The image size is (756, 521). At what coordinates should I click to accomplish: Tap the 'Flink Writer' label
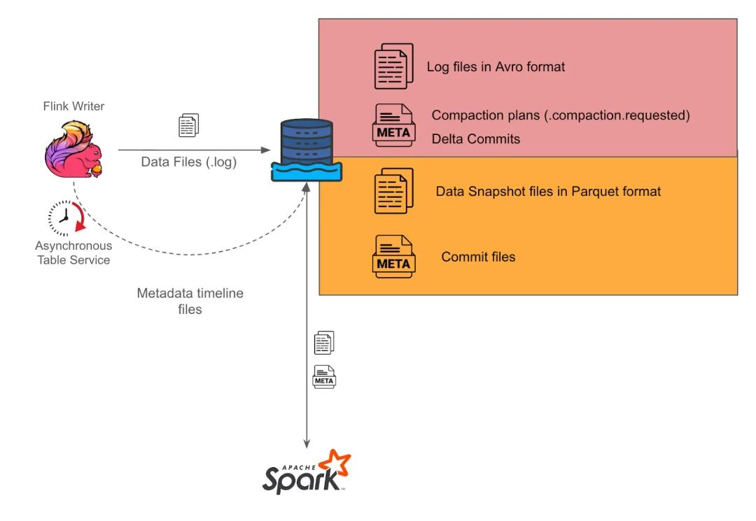point(73,107)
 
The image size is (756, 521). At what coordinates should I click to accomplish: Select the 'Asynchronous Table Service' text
point(73,253)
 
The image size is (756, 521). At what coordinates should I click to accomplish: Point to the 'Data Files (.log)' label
point(189,162)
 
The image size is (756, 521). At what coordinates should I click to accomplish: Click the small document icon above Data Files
point(189,126)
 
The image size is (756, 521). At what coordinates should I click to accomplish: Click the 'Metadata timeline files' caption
point(190,301)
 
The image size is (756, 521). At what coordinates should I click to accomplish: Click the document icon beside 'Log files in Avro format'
point(393,66)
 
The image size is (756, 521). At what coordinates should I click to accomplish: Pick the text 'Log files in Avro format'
point(496,67)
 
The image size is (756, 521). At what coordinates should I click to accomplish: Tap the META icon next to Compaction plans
point(393,126)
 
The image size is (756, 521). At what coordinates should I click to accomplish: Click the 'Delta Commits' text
point(476,138)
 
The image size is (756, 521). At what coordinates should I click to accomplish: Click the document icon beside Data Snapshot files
point(393,191)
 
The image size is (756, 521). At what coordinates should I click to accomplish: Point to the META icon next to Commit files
point(393,257)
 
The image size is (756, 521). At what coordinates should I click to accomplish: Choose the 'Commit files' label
point(478,257)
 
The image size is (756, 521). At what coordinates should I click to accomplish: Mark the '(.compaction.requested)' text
point(617,115)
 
